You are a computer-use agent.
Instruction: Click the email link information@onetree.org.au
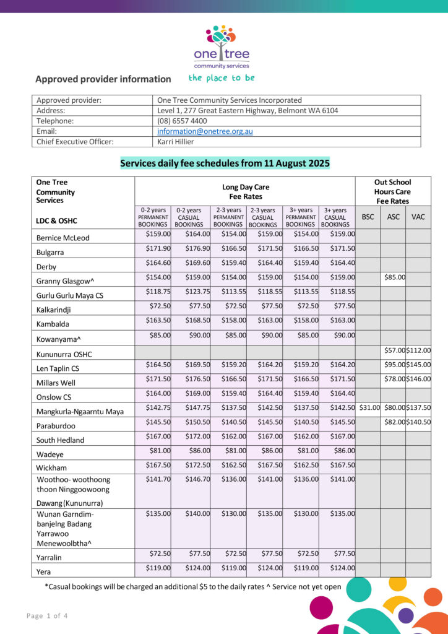[205, 131]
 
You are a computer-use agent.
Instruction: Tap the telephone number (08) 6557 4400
[182, 121]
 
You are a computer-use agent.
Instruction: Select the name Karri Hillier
[176, 142]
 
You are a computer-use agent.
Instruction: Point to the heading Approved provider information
[103, 79]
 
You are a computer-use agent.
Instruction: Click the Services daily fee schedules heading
[225, 163]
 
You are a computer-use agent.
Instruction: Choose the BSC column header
[368, 217]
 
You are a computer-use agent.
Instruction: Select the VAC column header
[418, 217]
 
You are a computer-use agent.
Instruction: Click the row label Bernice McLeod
[62, 238]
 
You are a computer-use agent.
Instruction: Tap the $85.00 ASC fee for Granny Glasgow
[395, 277]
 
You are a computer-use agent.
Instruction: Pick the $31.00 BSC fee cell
[369, 407]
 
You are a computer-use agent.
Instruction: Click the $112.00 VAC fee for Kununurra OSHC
[418, 350]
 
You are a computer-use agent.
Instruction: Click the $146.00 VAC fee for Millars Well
[418, 379]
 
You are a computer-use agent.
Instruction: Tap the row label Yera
[44, 572]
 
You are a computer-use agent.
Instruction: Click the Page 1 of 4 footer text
[48, 615]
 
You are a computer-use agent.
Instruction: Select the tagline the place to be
[222, 78]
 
